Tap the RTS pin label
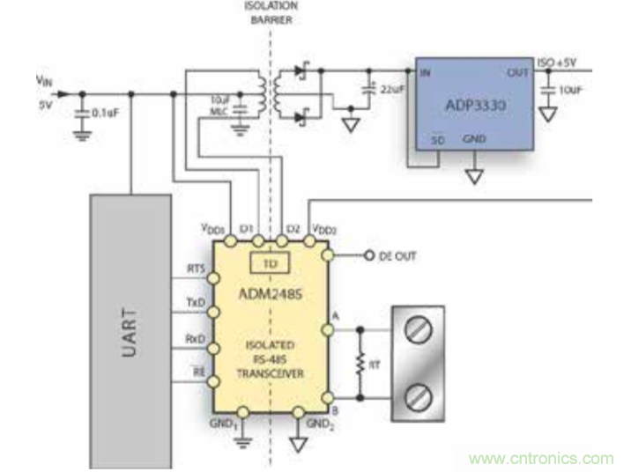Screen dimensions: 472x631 point(196,269)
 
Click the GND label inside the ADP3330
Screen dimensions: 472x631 point(473,139)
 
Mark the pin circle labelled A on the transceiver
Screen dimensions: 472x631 point(328,330)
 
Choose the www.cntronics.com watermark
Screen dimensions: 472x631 point(541,458)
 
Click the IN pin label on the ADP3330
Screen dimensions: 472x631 point(425,73)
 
